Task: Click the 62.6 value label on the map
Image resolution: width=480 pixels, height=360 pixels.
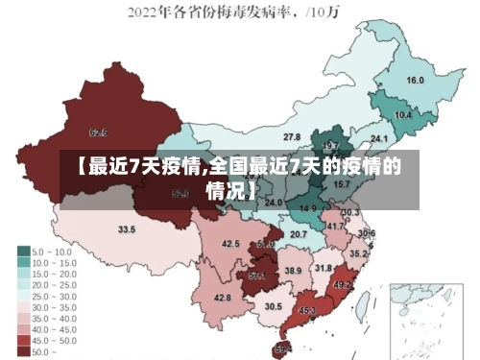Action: click(x=98, y=132)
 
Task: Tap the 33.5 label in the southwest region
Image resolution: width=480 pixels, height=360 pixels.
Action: click(x=127, y=229)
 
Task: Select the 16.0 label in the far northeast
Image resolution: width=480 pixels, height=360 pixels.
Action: click(x=416, y=80)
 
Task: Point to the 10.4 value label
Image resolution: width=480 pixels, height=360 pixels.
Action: click(x=403, y=115)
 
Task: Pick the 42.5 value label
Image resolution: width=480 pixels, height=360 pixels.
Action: click(x=230, y=244)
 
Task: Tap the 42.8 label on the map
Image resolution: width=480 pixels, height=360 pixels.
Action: click(x=222, y=298)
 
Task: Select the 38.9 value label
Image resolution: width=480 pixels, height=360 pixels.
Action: click(x=293, y=272)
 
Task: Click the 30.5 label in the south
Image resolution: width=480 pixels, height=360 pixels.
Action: click(x=274, y=306)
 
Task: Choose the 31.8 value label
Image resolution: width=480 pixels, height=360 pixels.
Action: click(x=324, y=268)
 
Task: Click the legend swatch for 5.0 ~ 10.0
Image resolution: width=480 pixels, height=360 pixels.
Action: click(x=23, y=252)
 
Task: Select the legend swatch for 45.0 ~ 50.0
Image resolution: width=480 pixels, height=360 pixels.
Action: click(x=23, y=340)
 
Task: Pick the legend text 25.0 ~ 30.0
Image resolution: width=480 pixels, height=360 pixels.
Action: click(x=54, y=296)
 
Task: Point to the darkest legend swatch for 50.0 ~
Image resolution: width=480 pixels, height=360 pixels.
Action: click(x=23, y=351)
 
